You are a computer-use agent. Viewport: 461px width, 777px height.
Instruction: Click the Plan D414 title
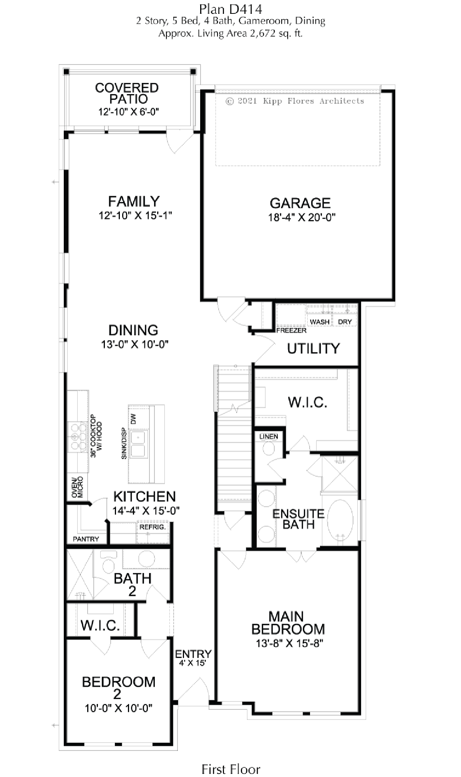[230, 9]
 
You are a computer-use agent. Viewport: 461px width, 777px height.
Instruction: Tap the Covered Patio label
[127, 93]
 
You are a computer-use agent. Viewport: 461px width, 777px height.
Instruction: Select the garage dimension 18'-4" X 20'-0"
[302, 217]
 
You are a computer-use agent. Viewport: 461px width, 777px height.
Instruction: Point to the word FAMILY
[134, 202]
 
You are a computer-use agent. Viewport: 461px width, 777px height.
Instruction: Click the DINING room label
[133, 330]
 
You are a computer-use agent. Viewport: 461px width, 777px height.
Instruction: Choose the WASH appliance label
[320, 322]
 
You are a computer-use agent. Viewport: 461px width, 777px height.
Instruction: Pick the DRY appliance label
[345, 322]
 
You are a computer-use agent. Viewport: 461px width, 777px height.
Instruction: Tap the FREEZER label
[291, 330]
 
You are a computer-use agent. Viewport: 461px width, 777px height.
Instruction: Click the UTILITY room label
[313, 349]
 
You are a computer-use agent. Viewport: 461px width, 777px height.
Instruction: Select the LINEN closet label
[269, 436]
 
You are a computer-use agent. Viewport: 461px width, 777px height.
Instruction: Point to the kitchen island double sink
[138, 444]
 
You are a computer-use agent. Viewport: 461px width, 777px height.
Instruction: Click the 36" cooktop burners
[77, 436]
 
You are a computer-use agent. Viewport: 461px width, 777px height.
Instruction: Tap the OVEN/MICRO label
[77, 487]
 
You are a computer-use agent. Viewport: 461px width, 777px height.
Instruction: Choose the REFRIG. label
[153, 527]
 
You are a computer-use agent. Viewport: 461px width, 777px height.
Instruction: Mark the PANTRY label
[86, 539]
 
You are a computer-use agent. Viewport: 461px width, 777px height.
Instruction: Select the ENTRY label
[193, 654]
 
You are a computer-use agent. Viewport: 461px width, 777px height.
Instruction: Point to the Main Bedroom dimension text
[290, 643]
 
